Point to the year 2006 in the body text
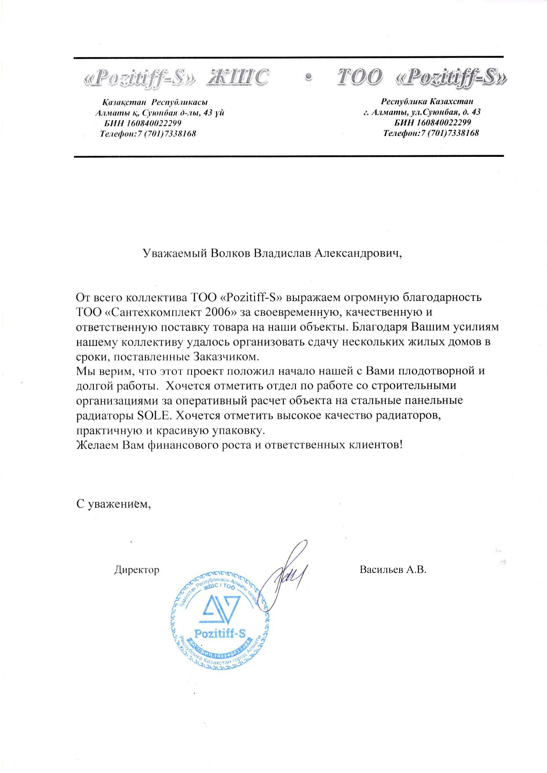point(218,312)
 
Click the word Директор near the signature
point(137,570)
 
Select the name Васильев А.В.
point(393,570)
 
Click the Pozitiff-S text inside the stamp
point(220,634)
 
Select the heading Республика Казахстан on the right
point(427,102)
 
